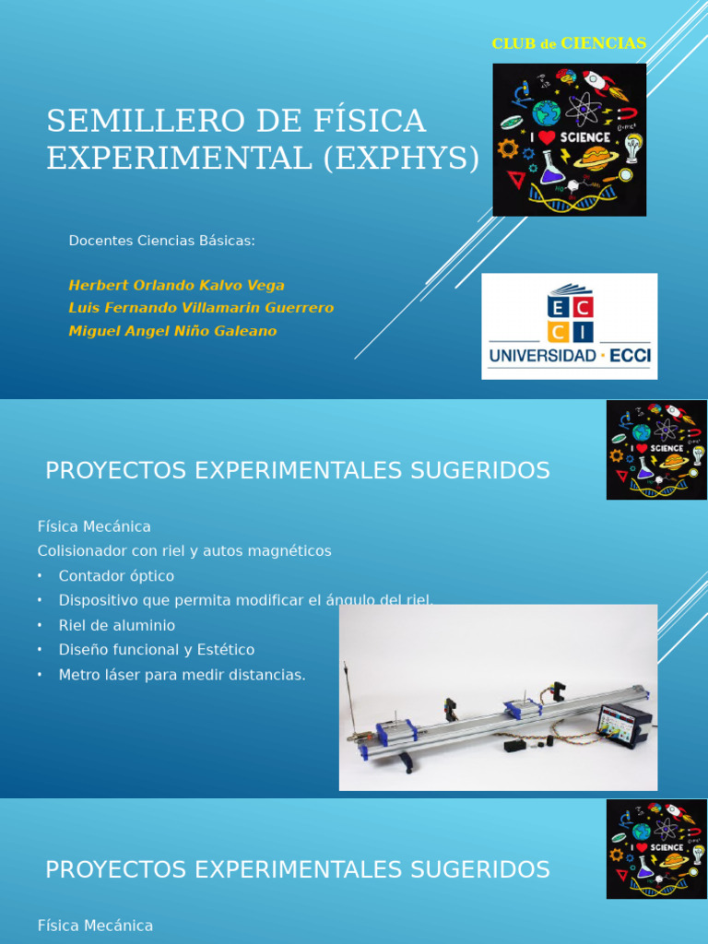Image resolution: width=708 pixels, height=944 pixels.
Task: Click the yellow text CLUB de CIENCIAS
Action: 569,43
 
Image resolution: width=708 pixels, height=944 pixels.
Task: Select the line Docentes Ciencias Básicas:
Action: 161,241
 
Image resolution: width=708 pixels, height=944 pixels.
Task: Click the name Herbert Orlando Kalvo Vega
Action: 176,286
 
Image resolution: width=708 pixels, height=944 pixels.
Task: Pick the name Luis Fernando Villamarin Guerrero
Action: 201,308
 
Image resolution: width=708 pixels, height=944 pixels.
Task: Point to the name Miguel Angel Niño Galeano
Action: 172,331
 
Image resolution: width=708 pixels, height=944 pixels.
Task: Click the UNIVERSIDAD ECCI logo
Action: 569,325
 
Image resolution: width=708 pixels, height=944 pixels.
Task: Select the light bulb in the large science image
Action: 632,145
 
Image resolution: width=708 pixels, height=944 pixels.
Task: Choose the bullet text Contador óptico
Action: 116,576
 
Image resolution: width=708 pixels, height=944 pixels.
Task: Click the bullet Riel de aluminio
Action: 116,625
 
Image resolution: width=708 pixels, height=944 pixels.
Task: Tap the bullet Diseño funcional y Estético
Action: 156,650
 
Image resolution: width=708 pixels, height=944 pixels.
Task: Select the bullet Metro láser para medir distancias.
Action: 182,675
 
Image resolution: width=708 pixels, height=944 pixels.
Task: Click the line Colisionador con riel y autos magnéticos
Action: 184,551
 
